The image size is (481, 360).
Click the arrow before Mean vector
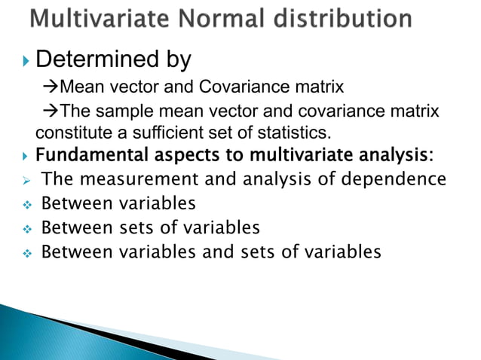pyautogui.click(x=51, y=87)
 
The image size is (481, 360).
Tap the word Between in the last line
pyautogui.click(x=72, y=251)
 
